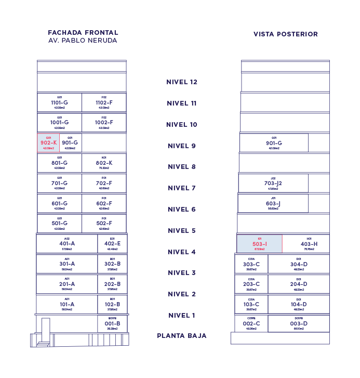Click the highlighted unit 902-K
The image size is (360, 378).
coord(48,142)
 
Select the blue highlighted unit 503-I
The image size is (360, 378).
coord(259,244)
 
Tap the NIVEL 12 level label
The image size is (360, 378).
coord(182,82)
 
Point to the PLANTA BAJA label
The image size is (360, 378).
coord(182,336)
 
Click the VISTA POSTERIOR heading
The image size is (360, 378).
coord(286,34)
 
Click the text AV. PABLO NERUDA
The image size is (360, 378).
coord(83,41)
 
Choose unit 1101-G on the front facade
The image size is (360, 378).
coord(59,103)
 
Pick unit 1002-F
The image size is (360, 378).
coord(104,123)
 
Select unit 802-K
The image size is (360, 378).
coord(104,163)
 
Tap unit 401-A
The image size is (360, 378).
coord(66,244)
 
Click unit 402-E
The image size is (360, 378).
coord(112,244)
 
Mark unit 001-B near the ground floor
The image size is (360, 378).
coord(112,323)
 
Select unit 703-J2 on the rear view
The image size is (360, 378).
coord(273,184)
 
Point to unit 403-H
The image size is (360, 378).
coord(309,244)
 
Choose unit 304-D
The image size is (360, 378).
coord(299,264)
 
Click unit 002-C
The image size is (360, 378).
coord(251,323)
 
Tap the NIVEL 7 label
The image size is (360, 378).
coord(181,188)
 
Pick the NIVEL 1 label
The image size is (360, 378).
coord(182,316)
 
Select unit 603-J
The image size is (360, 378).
coord(273,204)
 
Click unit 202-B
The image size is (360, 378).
coord(112,284)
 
